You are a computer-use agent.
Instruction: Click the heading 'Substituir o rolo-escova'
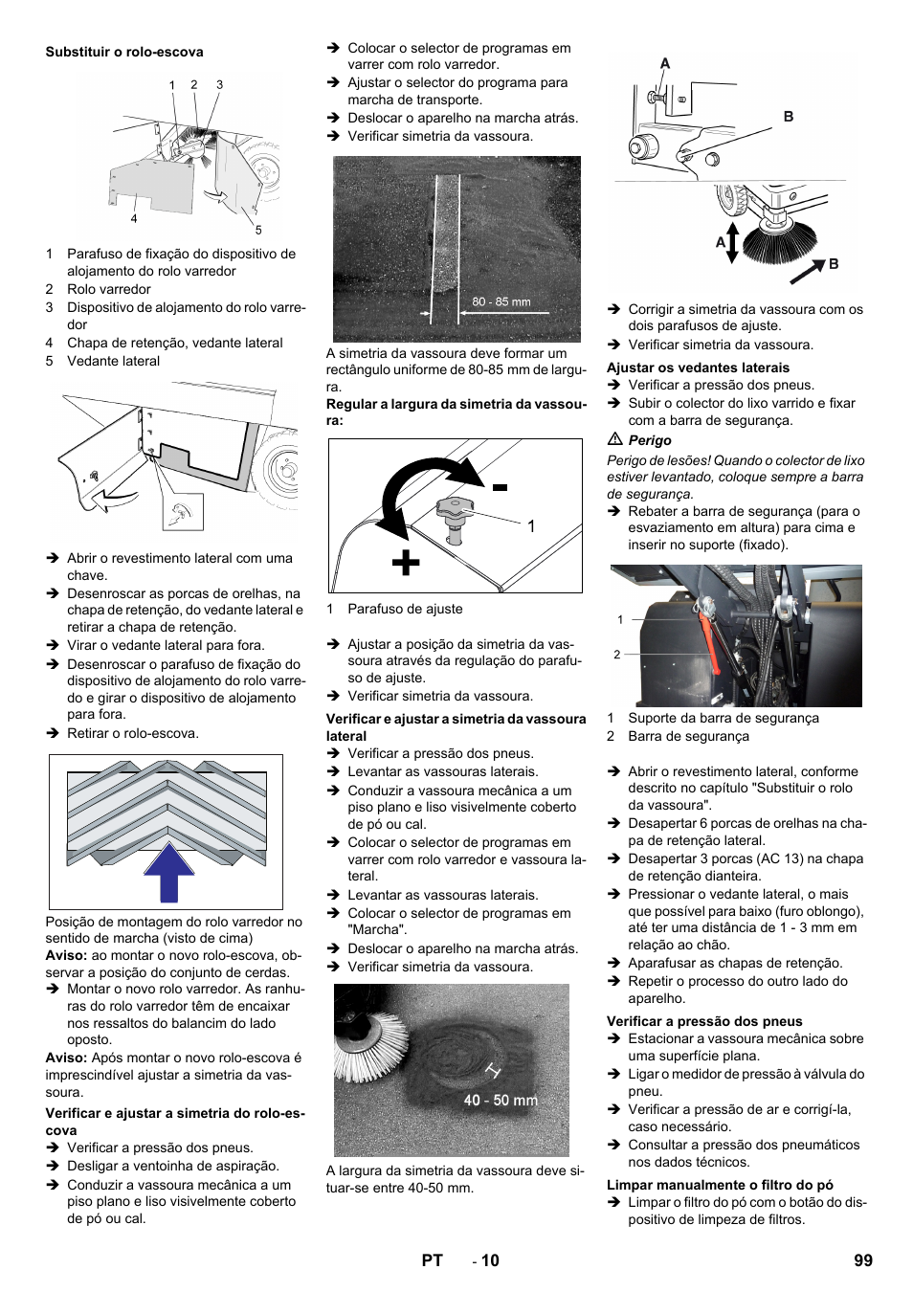(x=124, y=53)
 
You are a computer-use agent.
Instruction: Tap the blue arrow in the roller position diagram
(x=169, y=872)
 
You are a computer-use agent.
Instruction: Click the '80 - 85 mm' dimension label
(x=501, y=301)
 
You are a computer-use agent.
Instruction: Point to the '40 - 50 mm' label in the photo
(x=501, y=1101)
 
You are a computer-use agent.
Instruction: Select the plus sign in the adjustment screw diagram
(x=406, y=563)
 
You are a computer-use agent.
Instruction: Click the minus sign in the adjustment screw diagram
(x=500, y=487)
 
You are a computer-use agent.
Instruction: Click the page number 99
(x=862, y=1260)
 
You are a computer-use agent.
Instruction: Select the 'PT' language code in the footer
(x=432, y=1260)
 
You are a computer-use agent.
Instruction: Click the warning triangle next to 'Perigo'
(x=614, y=439)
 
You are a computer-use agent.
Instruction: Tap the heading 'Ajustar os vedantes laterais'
(x=698, y=368)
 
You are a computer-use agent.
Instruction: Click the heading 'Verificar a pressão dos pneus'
(x=704, y=1021)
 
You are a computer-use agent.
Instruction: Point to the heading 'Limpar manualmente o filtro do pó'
(x=720, y=1185)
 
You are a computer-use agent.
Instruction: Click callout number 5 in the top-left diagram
(x=258, y=230)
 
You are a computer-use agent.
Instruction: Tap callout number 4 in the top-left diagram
(x=134, y=219)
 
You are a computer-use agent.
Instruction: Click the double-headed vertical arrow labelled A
(x=732, y=242)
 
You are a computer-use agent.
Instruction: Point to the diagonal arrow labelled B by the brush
(x=807, y=272)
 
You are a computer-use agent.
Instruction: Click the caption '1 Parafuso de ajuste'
(x=394, y=609)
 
